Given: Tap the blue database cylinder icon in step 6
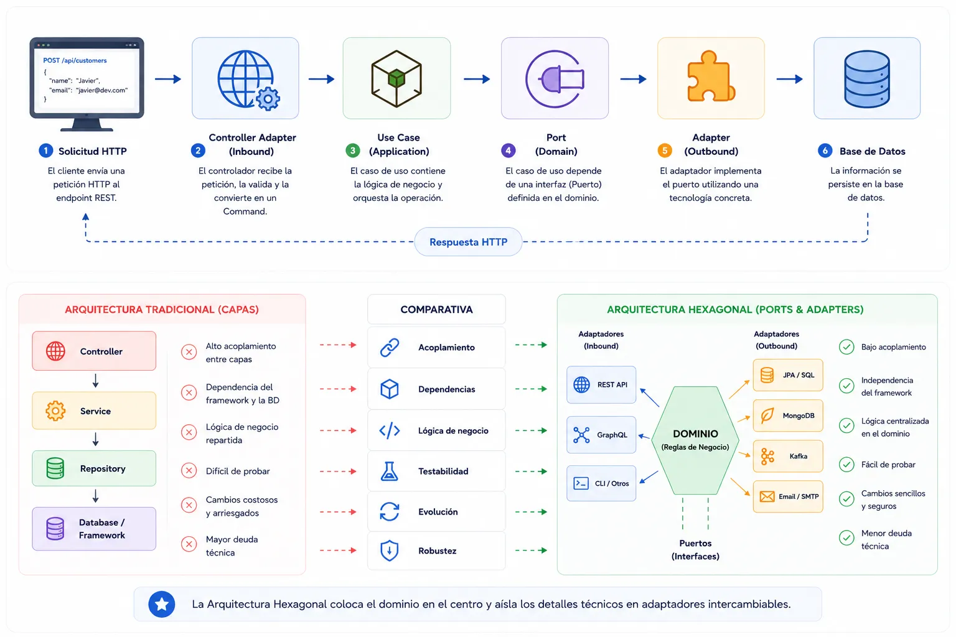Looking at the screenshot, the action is pyautogui.click(x=867, y=78).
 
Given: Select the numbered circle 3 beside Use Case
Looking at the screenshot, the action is pyautogui.click(x=352, y=150).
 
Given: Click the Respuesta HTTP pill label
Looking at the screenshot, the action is pyautogui.click(x=468, y=242).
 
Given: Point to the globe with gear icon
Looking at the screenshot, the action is pyautogui.click(x=248, y=80).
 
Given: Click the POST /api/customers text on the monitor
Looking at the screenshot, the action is pyautogui.click(x=75, y=60).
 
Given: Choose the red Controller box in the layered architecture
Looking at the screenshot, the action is pyautogui.click(x=94, y=351).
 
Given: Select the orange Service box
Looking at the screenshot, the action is pyautogui.click(x=94, y=411).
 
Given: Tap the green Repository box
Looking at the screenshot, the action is pyautogui.click(x=94, y=468).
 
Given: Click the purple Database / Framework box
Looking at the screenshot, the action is pyautogui.click(x=94, y=529).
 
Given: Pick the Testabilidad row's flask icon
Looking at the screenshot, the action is pyautogui.click(x=389, y=472).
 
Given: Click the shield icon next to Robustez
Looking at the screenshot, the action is pyautogui.click(x=389, y=551).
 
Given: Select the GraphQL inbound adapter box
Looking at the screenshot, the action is pyautogui.click(x=601, y=435).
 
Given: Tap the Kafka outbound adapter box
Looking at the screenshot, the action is pyautogui.click(x=788, y=456).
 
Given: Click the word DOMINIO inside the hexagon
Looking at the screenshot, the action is pyautogui.click(x=695, y=434).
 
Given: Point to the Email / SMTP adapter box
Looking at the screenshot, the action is pyautogui.click(x=788, y=496).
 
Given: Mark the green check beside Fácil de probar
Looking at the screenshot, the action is pyautogui.click(x=846, y=465).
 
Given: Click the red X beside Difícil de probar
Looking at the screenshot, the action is pyautogui.click(x=189, y=471).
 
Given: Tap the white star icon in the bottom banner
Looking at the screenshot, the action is pyautogui.click(x=162, y=604).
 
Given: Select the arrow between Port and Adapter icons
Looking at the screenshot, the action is pyautogui.click(x=634, y=79).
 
